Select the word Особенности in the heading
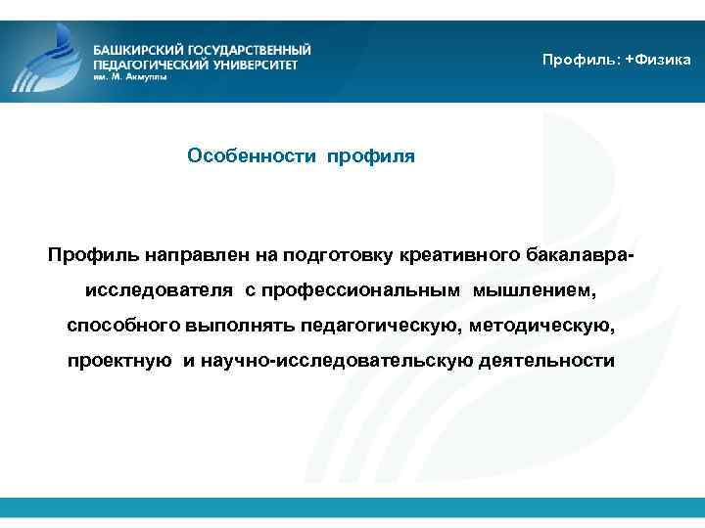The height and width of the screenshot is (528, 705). pos(252,156)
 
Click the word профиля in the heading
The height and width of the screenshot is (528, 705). pos(371,156)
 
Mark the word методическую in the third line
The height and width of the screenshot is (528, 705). pos(543,326)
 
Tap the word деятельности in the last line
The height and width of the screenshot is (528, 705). pos(547,361)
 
